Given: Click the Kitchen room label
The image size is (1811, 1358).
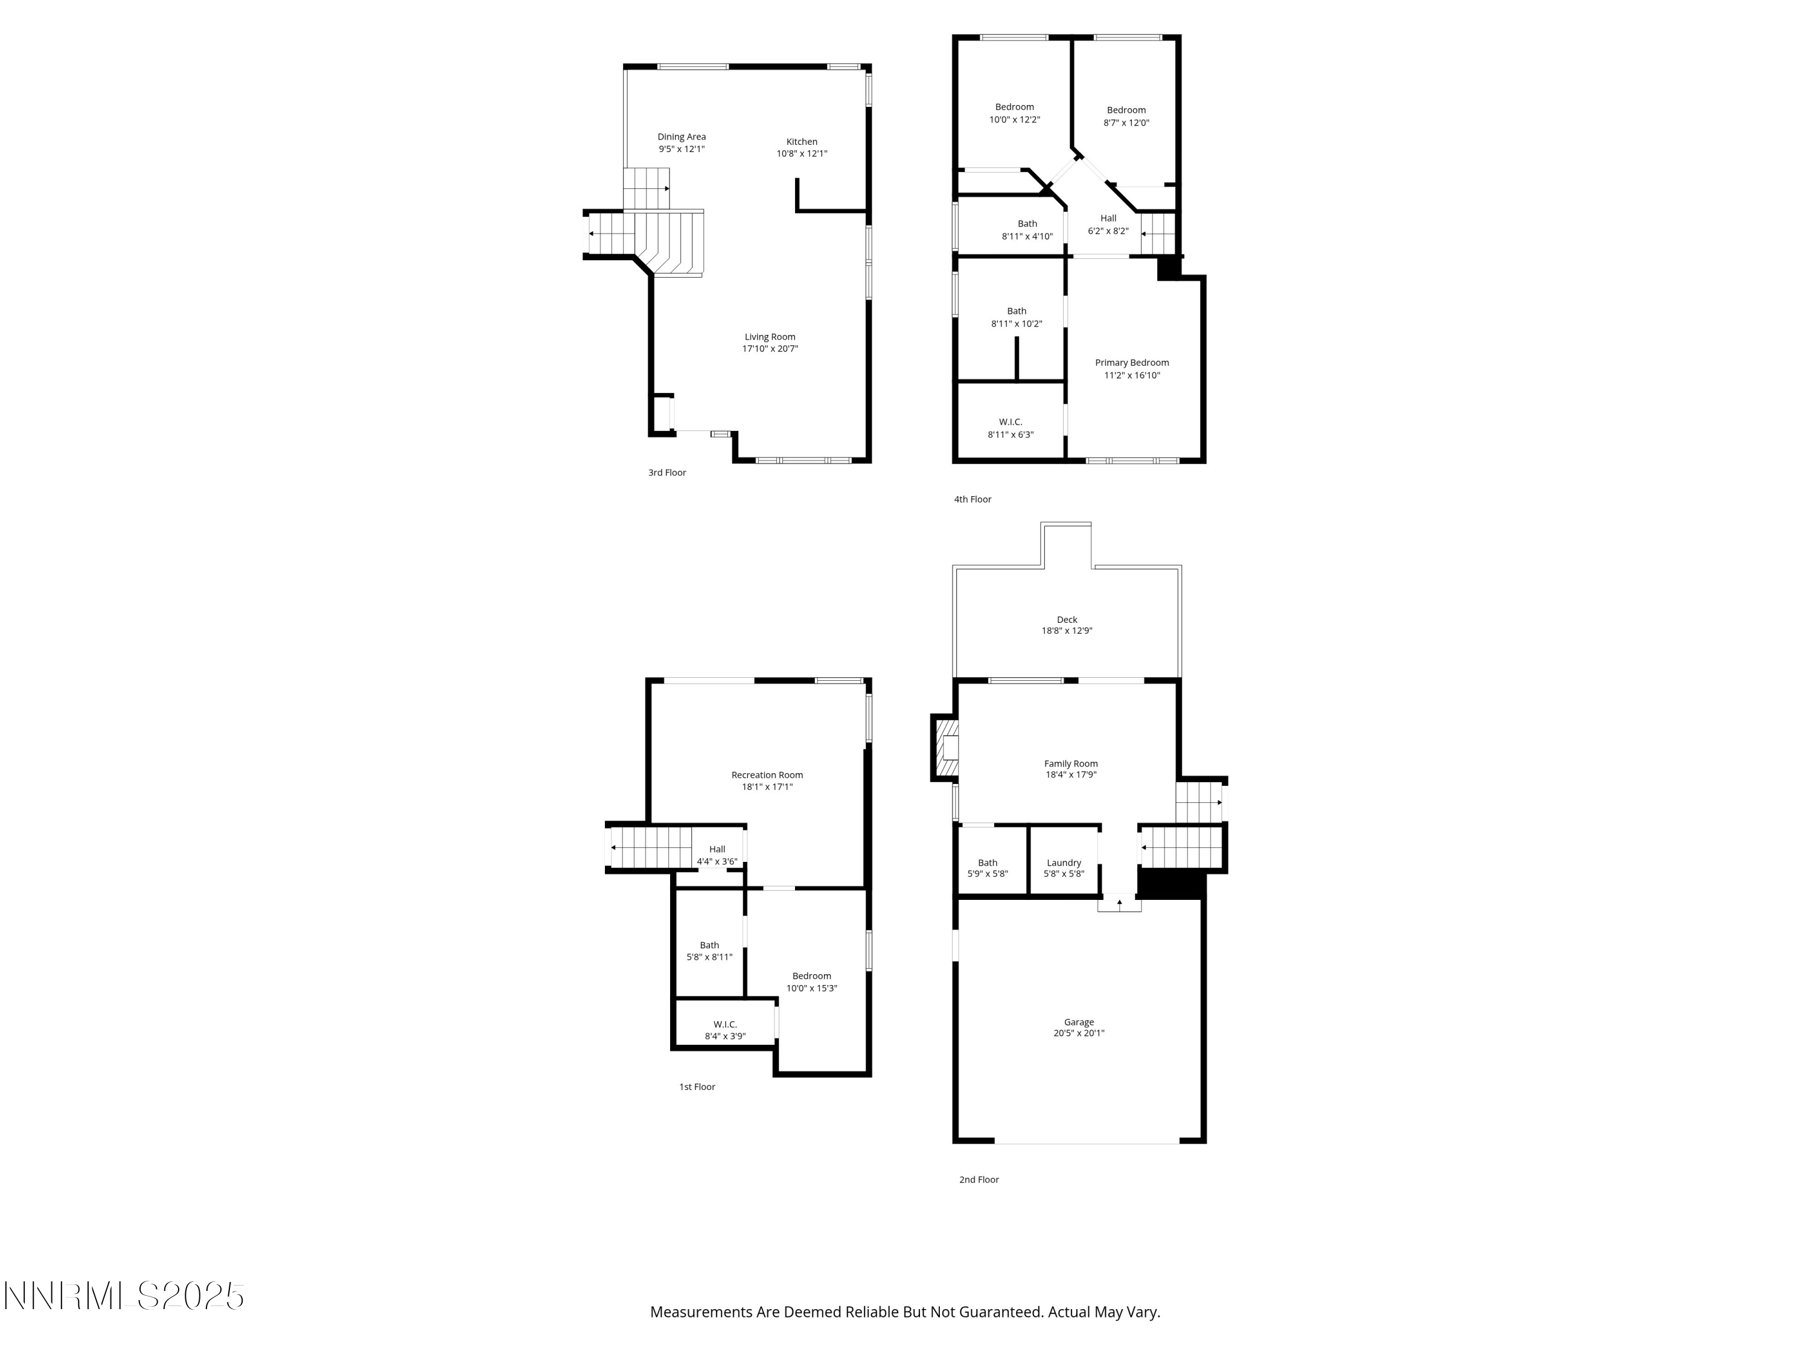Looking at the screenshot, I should tap(802, 142).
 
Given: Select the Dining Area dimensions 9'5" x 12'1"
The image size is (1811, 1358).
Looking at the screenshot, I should tap(681, 149).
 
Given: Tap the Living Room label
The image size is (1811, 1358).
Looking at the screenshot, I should tap(770, 336).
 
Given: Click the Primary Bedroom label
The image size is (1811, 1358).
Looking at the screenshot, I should tap(1131, 363).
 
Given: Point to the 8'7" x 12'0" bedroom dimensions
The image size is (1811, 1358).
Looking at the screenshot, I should tap(1126, 123).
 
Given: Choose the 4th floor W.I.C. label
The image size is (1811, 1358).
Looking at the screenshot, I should tap(1011, 421).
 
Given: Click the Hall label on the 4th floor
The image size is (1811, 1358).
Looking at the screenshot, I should tap(1108, 218).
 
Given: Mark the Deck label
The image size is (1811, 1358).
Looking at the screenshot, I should tap(1067, 620).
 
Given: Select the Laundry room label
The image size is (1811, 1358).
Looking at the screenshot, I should tap(1064, 862).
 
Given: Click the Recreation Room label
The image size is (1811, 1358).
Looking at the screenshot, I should tap(767, 774).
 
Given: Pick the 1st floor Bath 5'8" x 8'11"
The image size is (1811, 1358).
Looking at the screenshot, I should tap(709, 951).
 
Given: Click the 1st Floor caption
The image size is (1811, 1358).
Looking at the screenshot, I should tap(697, 1087).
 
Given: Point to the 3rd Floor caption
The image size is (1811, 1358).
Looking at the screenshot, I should tap(666, 473).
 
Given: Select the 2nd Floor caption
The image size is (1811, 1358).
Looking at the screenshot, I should tap(979, 1179).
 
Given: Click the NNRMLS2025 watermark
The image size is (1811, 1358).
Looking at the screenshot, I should tap(124, 1296).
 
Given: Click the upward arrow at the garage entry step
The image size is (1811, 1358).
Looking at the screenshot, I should tap(1119, 903).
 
